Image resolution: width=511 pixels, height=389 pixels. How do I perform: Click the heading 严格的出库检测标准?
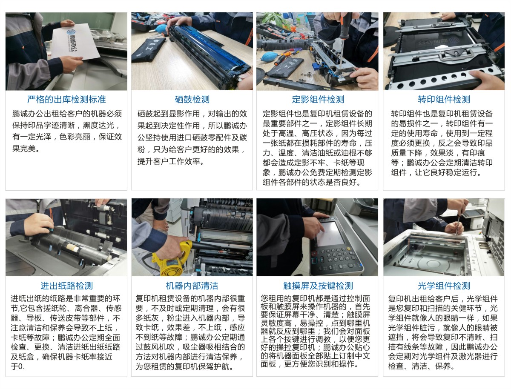click(x=66, y=100)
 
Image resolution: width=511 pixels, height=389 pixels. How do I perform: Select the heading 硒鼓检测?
click(x=192, y=100)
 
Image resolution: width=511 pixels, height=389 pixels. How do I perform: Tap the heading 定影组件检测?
click(x=318, y=100)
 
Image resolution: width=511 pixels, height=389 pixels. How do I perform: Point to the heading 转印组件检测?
click(x=444, y=100)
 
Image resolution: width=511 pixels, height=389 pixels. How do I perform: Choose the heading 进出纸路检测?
click(x=66, y=286)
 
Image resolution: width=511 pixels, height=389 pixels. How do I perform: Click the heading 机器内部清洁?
click(x=192, y=286)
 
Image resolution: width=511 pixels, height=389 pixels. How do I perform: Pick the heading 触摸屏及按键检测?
click(x=318, y=286)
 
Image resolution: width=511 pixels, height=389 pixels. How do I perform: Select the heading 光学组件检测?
click(x=444, y=286)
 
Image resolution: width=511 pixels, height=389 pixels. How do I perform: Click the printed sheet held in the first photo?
click(x=75, y=42)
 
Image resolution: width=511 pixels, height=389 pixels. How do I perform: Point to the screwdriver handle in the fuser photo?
click(x=345, y=25)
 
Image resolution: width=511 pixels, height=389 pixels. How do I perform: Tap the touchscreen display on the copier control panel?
click(x=330, y=234)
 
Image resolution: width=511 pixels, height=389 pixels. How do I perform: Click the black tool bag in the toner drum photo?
click(x=148, y=50)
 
